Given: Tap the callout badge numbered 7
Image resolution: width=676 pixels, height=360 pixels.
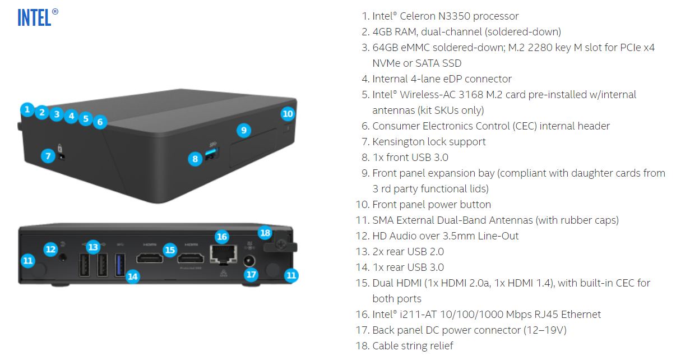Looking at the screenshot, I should (47, 156).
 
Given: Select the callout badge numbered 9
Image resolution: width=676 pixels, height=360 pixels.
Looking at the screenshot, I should (243, 130).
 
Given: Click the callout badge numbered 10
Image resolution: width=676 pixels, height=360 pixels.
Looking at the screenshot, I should (288, 114).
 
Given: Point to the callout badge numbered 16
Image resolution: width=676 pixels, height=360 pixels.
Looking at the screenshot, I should (222, 237).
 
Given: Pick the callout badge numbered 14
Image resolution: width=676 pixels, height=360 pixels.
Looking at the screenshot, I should (132, 276).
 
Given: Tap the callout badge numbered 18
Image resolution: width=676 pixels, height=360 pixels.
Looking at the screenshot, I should (265, 233).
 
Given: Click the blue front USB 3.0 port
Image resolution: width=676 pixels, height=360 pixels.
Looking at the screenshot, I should (211, 153).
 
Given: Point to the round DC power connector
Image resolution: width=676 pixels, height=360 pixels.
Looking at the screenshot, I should (249, 261).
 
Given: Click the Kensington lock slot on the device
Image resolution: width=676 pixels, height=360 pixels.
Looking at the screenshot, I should (63, 156).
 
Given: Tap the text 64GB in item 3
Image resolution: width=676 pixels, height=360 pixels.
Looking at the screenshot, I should (386, 48).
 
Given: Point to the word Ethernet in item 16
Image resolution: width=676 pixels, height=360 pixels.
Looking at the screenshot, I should (580, 315).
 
